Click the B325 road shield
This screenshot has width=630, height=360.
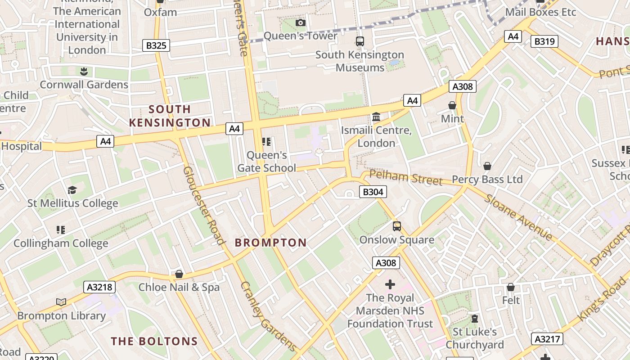156,45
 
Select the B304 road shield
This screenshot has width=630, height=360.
373,192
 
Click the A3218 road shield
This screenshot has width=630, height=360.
99,287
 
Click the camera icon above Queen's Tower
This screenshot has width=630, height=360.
300,22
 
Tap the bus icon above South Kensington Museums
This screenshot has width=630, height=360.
360,41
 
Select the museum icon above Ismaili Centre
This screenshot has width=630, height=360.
376,117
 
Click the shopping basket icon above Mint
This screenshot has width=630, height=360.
452,105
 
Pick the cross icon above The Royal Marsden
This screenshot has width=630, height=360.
390,284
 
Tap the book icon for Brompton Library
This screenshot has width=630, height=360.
61,302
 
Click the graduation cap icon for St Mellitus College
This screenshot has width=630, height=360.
72,190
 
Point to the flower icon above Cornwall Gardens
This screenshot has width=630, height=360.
84,71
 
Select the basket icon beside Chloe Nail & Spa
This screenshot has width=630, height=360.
179,274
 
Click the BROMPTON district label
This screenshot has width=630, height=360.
270,243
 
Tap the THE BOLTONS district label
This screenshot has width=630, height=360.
154,341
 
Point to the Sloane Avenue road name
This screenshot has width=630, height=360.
518,217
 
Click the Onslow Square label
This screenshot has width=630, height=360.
396,240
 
